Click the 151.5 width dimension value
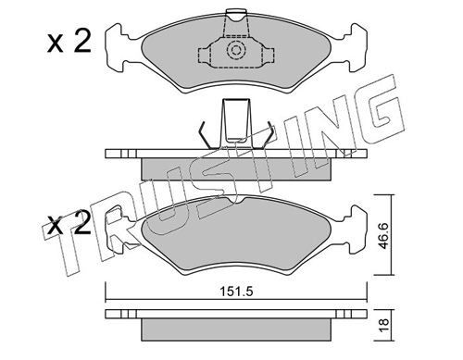tap(236, 292)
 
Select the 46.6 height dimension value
tap(384, 236)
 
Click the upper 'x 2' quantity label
tap(69, 43)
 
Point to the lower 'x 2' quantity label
tap(69, 223)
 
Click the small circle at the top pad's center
tap(236, 50)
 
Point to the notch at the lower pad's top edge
tap(236, 201)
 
